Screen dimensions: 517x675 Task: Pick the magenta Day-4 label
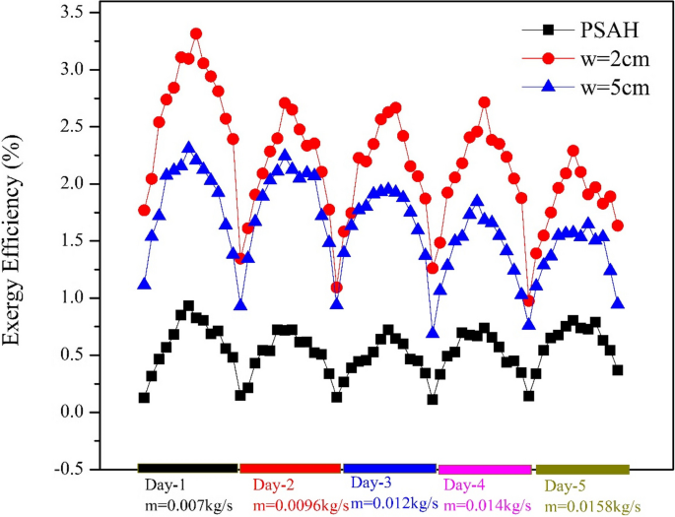(x=466, y=485)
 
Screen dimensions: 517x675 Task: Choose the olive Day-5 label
(x=568, y=485)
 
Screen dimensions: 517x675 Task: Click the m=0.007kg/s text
(x=187, y=504)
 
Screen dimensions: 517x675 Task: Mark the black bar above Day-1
(x=187, y=469)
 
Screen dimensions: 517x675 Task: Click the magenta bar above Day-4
(x=485, y=469)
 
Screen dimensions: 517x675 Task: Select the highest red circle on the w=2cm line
(x=196, y=33)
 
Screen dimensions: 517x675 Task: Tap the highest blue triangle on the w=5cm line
(x=188, y=148)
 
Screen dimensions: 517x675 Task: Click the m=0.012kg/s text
(x=393, y=503)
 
